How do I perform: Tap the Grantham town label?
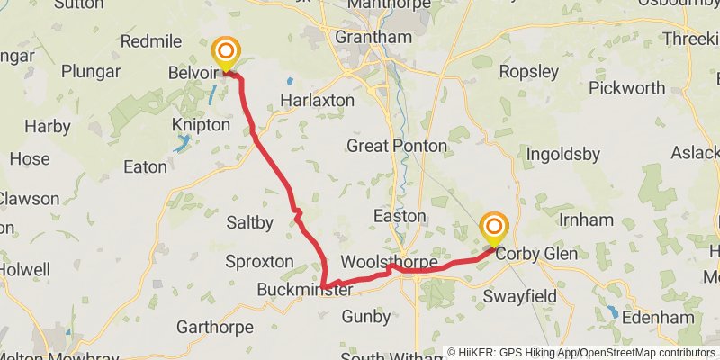click(x=373, y=38)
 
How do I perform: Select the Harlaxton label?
click(x=317, y=100)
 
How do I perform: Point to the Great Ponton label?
click(x=397, y=146)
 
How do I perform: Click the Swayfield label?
click(x=522, y=295)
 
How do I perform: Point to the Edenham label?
click(x=658, y=318)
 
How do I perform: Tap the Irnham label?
click(x=586, y=220)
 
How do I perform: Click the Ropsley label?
click(x=528, y=71)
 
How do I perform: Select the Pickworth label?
click(x=627, y=88)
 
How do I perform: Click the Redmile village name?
click(x=150, y=41)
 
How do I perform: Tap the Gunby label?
click(x=366, y=317)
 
